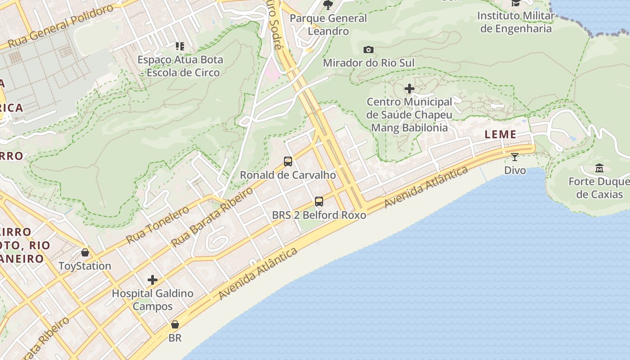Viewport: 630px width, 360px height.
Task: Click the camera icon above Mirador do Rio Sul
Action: coord(368,49)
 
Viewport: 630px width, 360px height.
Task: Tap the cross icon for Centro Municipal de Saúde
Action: coord(409,89)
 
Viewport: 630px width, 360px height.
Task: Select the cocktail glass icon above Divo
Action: coord(515,157)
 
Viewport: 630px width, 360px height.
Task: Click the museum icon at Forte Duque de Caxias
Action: coord(599,168)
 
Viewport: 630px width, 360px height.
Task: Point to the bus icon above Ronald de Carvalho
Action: coord(288,161)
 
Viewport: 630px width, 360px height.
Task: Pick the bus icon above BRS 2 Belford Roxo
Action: coord(319,202)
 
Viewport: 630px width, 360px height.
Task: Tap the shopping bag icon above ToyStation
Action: coord(85,252)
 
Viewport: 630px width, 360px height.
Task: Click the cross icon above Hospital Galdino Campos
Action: coord(153,280)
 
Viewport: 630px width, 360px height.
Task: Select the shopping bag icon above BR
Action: coord(175,324)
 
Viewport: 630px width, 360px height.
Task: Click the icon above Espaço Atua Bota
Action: coord(180,46)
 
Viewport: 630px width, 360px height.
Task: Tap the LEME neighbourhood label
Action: coord(500,134)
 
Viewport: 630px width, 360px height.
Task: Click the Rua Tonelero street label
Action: coord(157,225)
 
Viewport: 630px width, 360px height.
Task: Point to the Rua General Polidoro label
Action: coord(61,27)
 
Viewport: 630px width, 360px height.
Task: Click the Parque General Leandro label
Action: coord(328,25)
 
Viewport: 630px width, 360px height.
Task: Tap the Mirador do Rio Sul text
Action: coord(369,63)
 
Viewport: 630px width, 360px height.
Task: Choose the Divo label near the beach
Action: coord(515,170)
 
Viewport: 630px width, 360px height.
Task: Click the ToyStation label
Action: coord(85,266)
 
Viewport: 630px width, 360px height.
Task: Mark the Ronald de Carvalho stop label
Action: coord(288,175)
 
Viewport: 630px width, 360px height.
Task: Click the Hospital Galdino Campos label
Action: coord(153,300)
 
